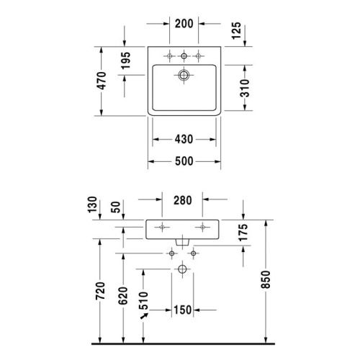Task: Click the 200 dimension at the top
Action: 184,24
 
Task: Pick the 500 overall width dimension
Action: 184,163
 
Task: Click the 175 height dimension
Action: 243,233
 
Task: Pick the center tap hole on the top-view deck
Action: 184,54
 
